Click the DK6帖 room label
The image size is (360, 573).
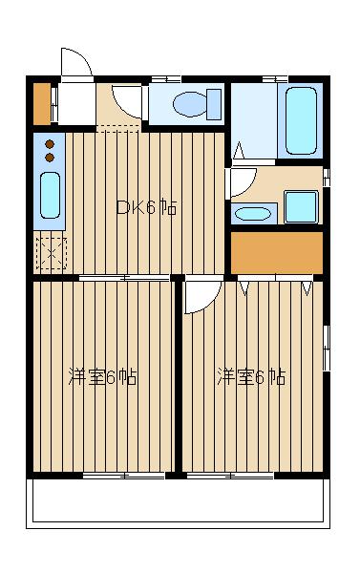(146, 208)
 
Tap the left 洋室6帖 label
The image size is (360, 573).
(102, 377)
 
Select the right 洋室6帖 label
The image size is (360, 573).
(251, 377)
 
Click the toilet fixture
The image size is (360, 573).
(197, 104)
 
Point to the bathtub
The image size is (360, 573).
(301, 120)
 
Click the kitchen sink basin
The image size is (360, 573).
(50, 195)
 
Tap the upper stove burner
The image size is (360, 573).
(50, 144)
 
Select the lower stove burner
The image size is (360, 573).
(50, 158)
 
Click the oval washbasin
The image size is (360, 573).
(252, 214)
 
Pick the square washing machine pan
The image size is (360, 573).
(301, 207)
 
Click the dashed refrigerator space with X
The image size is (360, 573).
(52, 254)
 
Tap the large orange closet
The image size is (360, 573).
(277, 253)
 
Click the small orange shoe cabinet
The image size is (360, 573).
(42, 104)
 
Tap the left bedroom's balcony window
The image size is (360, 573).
(123, 476)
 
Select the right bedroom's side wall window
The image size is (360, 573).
(327, 349)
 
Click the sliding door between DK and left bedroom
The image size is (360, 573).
(124, 278)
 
